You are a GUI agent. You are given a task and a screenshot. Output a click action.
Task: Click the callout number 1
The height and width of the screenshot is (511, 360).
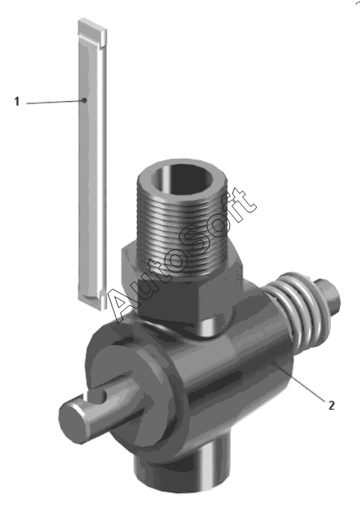tap(17, 102)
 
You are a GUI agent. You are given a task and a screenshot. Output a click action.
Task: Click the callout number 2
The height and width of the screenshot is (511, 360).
tap(332, 405)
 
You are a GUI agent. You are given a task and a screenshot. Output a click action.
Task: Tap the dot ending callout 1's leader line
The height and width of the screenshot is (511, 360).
tap(85, 100)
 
